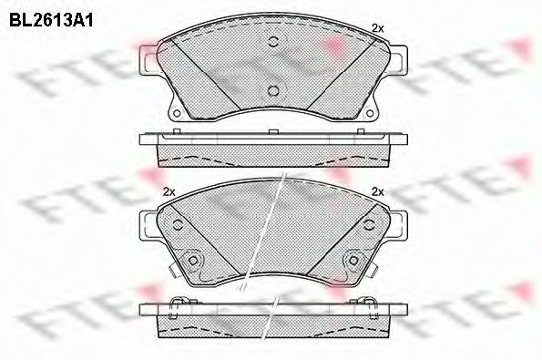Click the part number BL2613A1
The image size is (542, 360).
tap(51, 20)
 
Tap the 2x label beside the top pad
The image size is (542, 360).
tap(377, 28)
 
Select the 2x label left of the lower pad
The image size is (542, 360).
tap(169, 191)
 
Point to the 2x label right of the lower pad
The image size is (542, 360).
tap(377, 191)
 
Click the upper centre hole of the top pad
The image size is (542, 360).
tap(273, 42)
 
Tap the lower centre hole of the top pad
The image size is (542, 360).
tap(273, 90)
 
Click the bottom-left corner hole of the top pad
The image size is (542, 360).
tap(177, 113)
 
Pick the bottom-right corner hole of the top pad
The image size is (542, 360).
tap(370, 113)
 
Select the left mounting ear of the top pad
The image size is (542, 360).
tap(148, 60)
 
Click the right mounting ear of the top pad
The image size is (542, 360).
tap(398, 60)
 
